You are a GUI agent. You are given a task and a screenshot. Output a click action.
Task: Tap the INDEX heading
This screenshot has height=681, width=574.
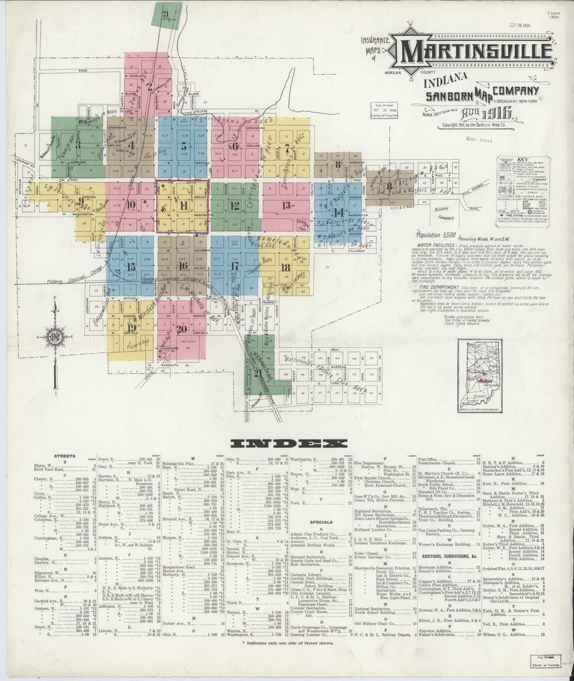tap(286, 443)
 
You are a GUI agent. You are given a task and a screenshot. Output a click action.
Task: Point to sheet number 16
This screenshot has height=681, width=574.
tap(183, 265)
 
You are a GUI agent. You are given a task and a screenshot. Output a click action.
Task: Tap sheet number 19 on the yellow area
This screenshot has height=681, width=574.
tap(131, 327)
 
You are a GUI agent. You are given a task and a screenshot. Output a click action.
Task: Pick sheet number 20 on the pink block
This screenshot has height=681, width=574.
tap(182, 329)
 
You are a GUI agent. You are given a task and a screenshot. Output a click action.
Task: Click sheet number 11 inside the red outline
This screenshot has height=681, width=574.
tap(183, 205)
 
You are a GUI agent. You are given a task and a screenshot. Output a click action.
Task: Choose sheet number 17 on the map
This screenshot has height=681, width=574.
tap(234, 265)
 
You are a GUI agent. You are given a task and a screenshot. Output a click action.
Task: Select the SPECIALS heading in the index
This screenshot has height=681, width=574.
tap(321, 522)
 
